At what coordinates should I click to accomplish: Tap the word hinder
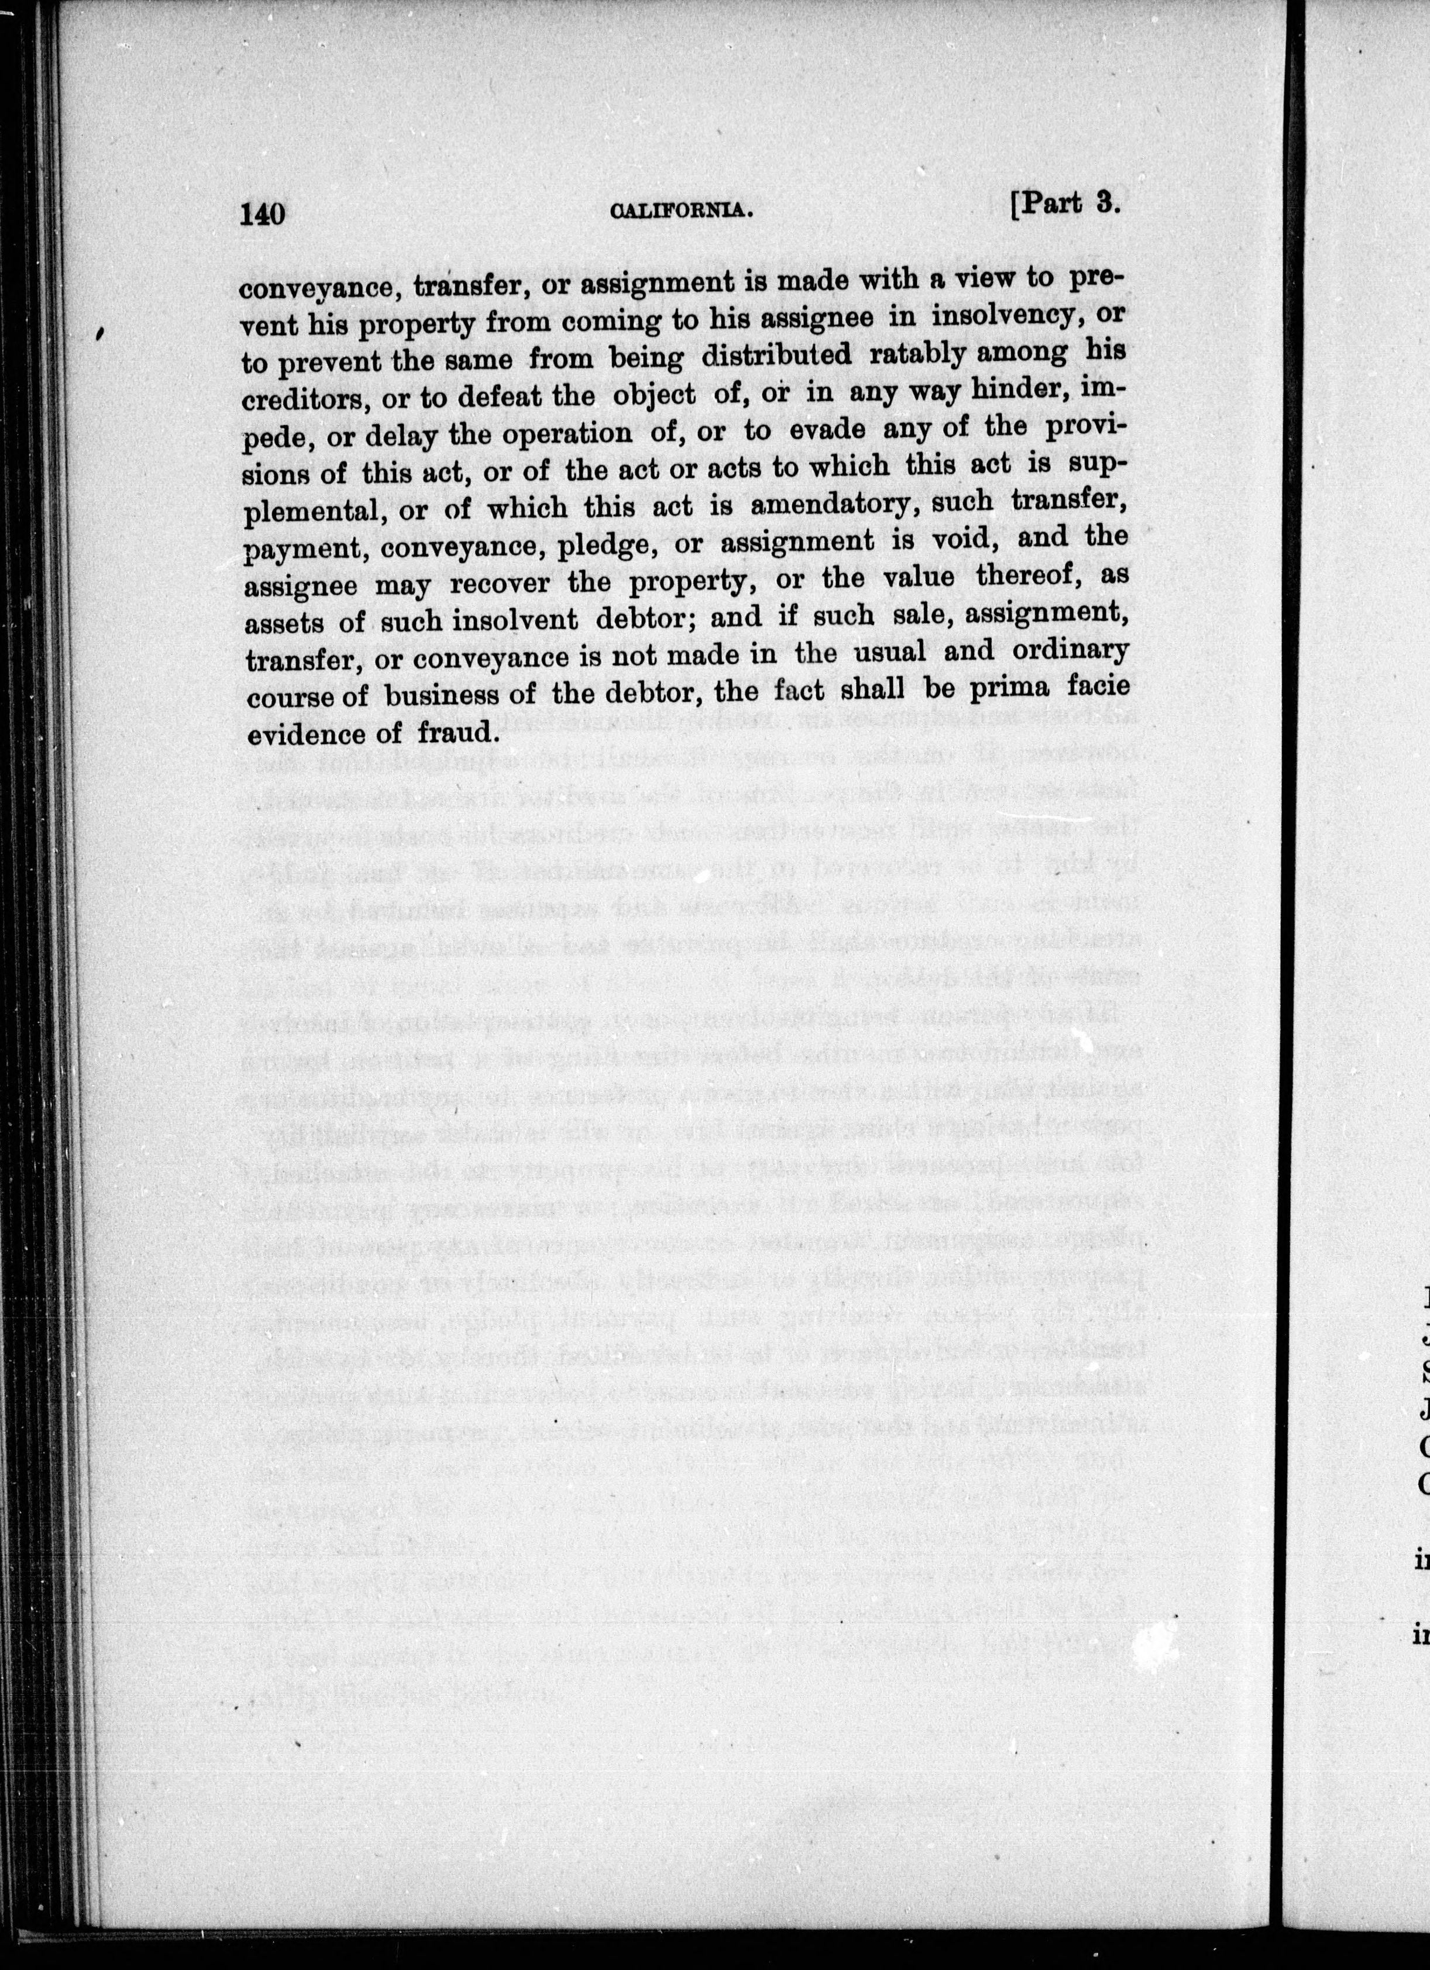pos(1015,392)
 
